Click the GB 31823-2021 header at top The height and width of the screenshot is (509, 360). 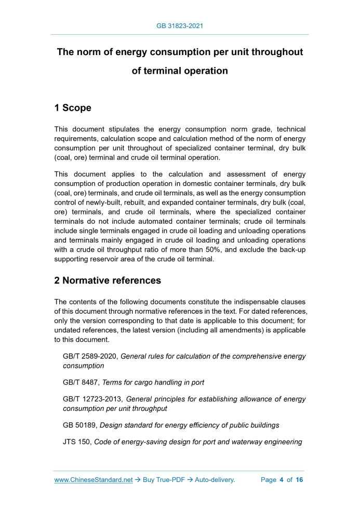[x=180, y=25]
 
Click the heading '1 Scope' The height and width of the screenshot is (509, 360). [x=73, y=108]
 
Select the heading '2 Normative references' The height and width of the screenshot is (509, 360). [x=108, y=280]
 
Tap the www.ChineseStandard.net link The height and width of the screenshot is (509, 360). [x=94, y=480]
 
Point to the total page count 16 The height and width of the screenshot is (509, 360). [x=299, y=480]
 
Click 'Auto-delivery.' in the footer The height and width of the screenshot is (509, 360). [x=215, y=480]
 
